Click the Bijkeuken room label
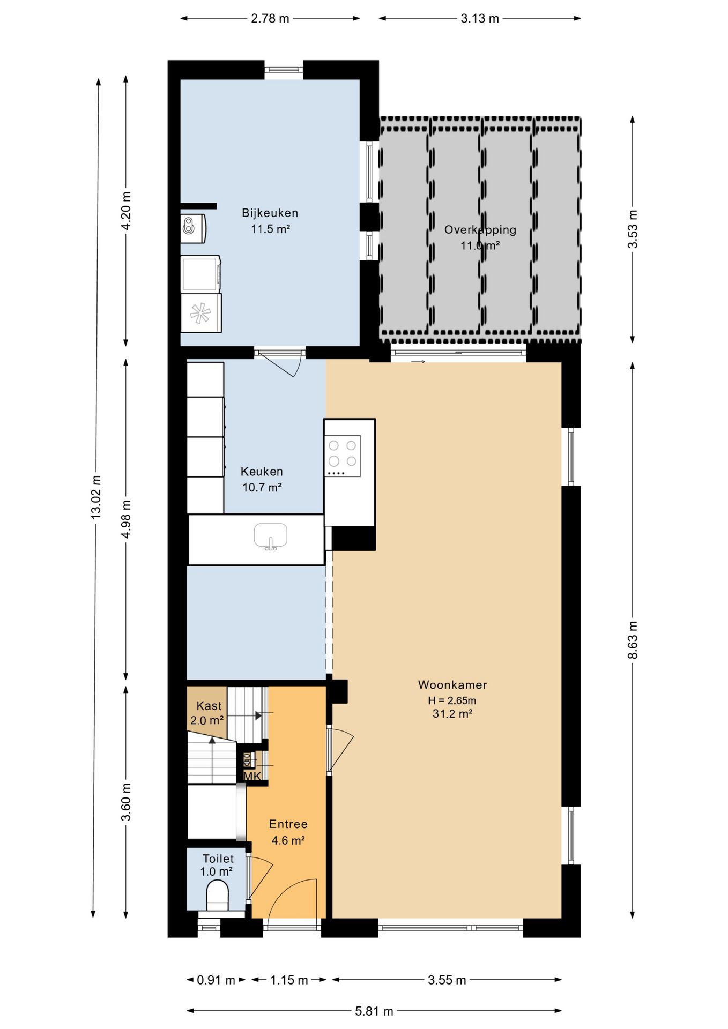coord(270,213)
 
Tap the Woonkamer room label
coord(452,684)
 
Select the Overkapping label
coord(480,230)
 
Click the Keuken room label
coord(262,472)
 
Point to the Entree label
coord(288,824)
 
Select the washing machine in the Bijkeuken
coord(201,274)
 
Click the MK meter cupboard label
coord(252,776)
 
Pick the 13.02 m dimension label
coord(96,497)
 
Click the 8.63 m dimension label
coord(633,640)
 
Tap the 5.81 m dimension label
coord(374,1011)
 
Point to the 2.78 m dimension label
coord(270,19)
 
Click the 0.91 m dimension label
coord(216,980)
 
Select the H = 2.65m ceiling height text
coord(452,700)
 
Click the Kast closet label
coord(209,706)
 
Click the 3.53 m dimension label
coord(633,229)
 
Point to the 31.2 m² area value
coord(452,714)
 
